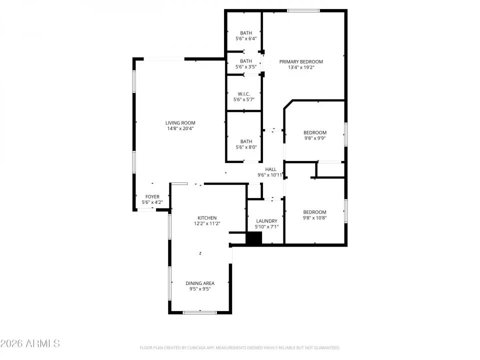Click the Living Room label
tap(180, 122)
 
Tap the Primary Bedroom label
tap(301, 61)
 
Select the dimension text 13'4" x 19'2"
tap(301, 67)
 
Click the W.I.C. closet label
tap(243, 93)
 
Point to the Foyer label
tap(152, 196)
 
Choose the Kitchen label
tap(207, 217)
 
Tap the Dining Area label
tap(200, 283)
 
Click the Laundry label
tap(266, 221)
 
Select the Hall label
tap(270, 169)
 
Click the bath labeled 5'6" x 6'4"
tap(245, 33)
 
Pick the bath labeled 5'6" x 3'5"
tap(245, 61)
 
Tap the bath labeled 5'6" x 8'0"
tap(245, 141)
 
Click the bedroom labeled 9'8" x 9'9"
tap(315, 132)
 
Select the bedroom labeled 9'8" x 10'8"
tap(314, 212)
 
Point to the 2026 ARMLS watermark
tap(30, 343)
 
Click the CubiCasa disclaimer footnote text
tap(239, 347)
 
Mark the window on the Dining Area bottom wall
tap(200, 312)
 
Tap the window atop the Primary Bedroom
tap(303, 10)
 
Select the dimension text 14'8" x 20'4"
tap(180, 128)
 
